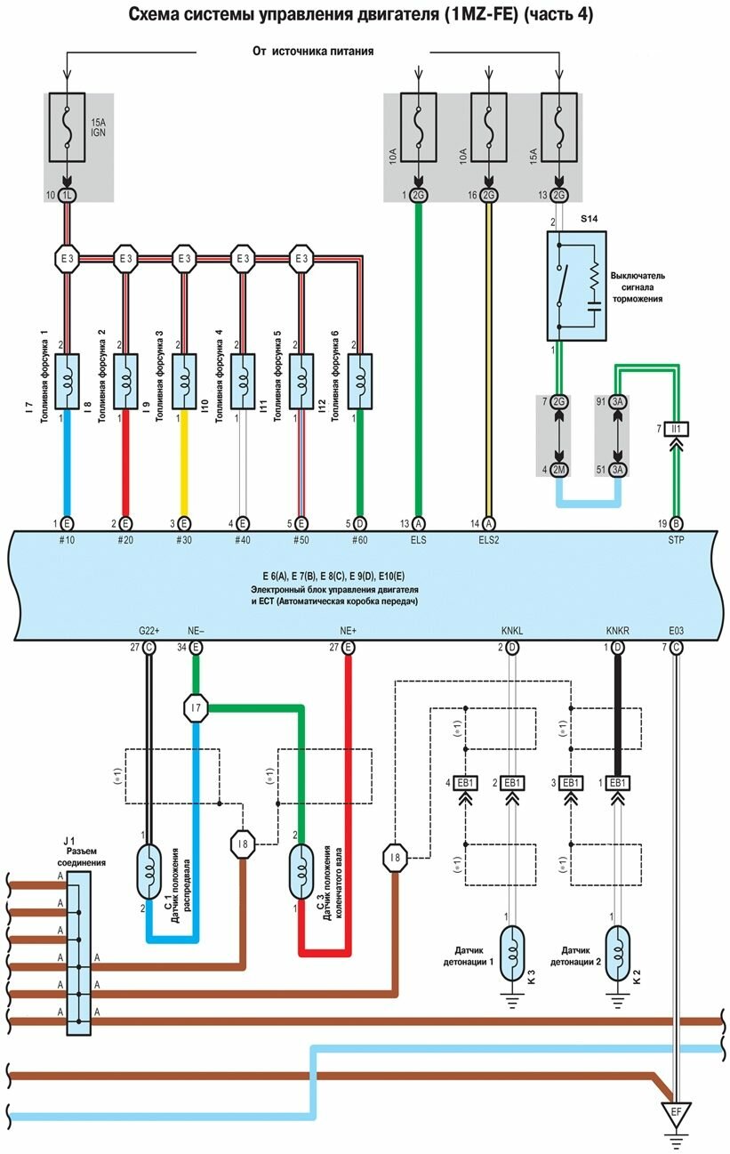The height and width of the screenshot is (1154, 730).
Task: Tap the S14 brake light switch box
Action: (x=575, y=285)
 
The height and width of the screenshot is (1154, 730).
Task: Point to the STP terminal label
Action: (x=677, y=539)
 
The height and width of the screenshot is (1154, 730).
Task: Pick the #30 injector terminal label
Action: (x=184, y=539)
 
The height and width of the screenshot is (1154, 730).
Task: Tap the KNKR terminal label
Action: (x=617, y=631)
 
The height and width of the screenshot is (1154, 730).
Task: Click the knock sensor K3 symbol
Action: (x=512, y=951)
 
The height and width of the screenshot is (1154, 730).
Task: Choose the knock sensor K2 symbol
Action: (x=617, y=951)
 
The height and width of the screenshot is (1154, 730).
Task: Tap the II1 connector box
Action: (x=676, y=429)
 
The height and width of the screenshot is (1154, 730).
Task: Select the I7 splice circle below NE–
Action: (x=196, y=708)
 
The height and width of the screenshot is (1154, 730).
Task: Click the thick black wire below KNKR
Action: (x=617, y=712)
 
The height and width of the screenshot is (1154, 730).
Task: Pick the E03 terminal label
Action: (x=677, y=631)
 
